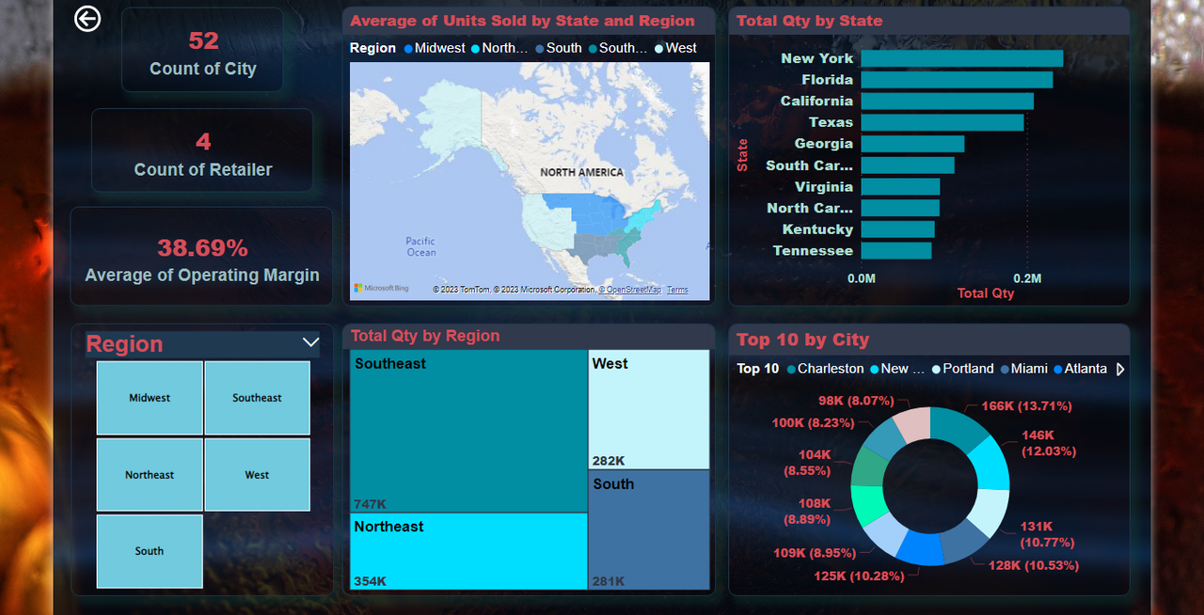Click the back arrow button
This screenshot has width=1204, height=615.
87,19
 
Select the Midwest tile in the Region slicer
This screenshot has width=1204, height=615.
150,398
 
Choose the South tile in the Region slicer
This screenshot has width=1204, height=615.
150,551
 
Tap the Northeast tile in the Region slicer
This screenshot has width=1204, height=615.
150,475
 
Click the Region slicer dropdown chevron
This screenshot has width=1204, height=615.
310,343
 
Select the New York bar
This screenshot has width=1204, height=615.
961,58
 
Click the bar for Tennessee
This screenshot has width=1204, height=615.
895,251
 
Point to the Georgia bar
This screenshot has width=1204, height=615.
912,144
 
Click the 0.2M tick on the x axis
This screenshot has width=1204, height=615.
1027,278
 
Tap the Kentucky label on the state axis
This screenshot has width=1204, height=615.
817,229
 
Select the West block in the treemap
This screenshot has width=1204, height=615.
649,409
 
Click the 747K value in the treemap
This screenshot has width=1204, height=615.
371,503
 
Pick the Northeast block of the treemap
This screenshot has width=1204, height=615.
469,551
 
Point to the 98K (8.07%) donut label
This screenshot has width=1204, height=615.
856,401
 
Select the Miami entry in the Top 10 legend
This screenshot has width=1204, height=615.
1028,369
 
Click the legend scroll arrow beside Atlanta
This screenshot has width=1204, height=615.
1120,370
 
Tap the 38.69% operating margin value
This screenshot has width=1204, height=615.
202,248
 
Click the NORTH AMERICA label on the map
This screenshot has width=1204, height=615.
581,173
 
